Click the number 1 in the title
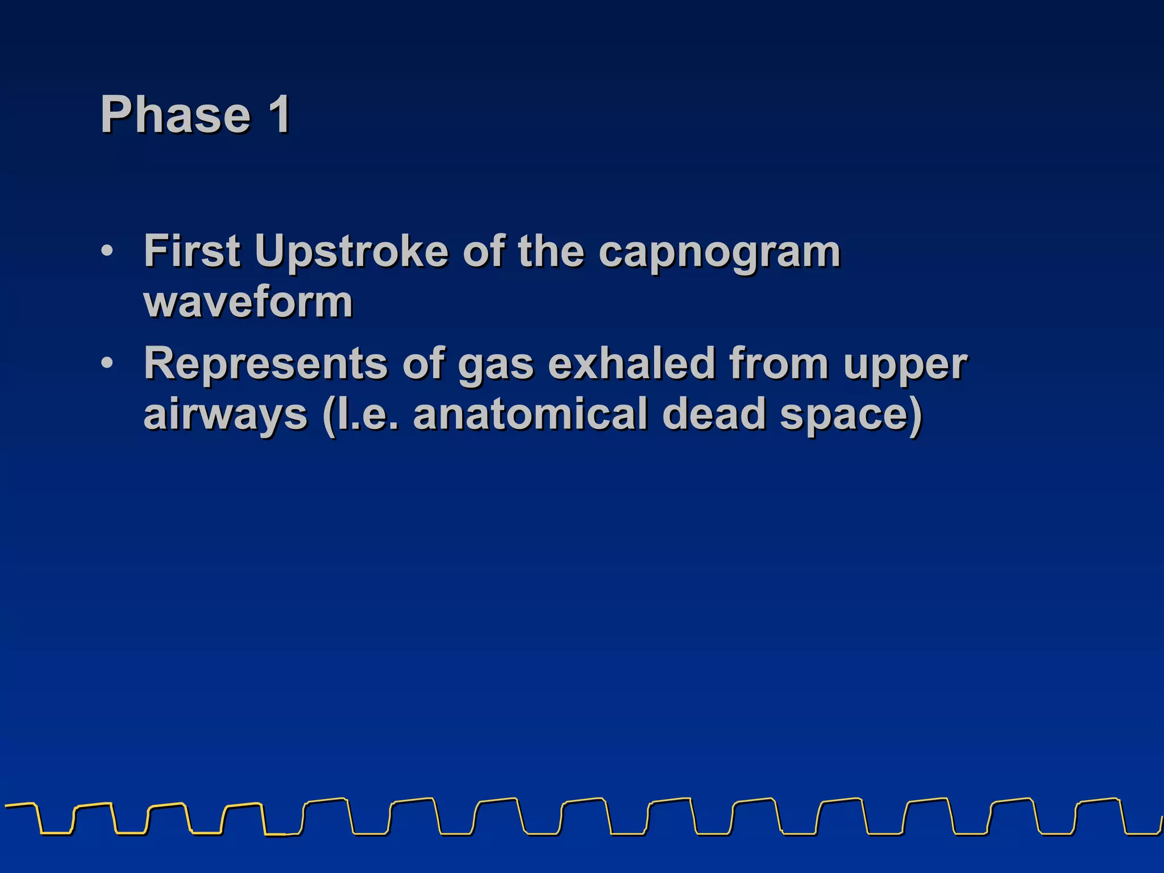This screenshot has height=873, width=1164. pos(280,115)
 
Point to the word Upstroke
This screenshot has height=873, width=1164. pos(351,252)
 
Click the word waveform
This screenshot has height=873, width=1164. pos(248,302)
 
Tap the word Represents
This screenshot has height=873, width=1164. pos(265,364)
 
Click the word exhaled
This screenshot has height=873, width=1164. pos(631,363)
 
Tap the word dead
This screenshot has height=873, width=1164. pos(713,414)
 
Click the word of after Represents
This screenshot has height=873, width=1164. pos(423,363)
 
